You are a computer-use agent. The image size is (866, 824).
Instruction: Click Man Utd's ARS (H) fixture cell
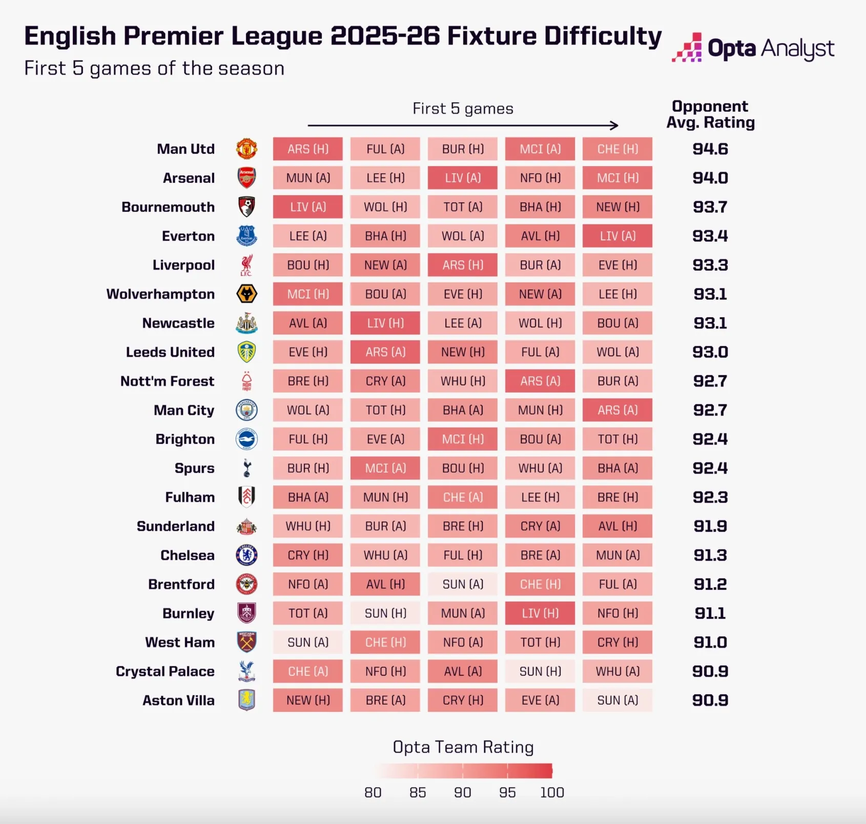point(307,149)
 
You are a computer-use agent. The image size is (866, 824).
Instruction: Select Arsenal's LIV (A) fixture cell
point(463,178)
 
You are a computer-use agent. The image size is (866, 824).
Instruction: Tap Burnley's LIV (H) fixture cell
point(540,613)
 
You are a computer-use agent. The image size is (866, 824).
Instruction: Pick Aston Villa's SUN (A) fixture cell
point(617,701)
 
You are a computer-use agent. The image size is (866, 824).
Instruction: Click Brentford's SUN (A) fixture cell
point(463,584)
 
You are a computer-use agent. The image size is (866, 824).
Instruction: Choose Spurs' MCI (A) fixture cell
point(385,468)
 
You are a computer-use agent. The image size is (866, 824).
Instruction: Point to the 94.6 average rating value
point(710,149)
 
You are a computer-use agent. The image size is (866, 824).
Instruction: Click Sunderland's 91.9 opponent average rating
point(710,526)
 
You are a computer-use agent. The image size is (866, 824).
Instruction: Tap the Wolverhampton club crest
point(246,294)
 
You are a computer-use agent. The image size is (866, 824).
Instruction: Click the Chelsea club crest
point(246,555)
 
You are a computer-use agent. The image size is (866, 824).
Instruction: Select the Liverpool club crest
point(246,265)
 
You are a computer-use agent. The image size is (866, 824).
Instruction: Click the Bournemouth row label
point(168,207)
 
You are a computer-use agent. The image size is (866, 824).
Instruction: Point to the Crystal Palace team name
point(165,671)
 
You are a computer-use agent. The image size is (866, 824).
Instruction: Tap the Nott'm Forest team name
point(167,381)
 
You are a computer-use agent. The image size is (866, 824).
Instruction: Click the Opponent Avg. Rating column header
point(710,114)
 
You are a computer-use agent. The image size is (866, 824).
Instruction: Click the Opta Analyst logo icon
point(687,48)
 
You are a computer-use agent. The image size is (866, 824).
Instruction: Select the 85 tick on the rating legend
point(418,792)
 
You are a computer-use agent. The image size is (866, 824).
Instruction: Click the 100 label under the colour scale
point(552,792)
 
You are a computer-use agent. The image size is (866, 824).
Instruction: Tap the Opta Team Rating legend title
point(463,747)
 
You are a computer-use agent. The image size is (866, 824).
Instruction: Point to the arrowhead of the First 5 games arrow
point(615,126)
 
